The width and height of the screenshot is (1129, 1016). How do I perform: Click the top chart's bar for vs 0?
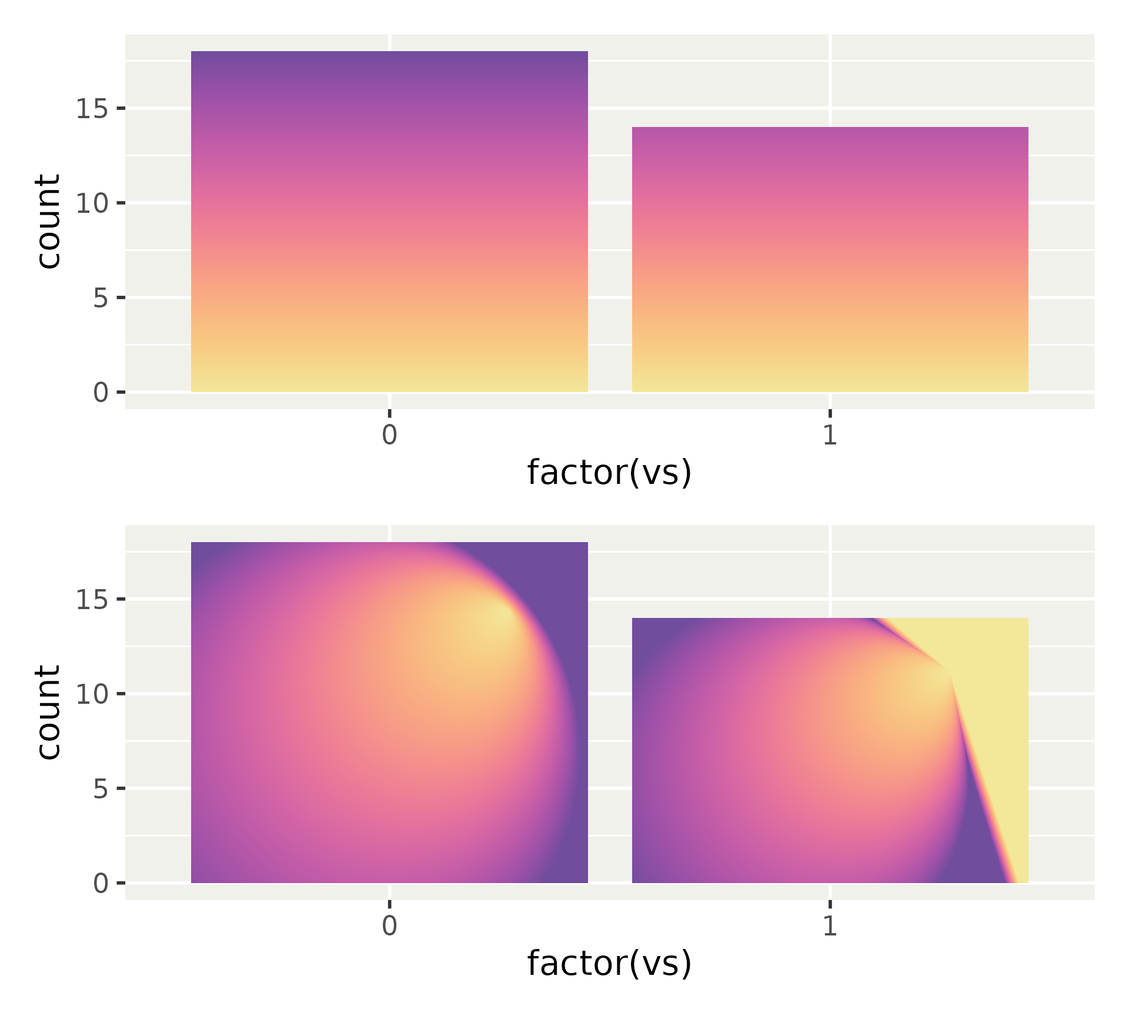389,222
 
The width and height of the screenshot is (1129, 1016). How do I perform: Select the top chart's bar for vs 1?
830,259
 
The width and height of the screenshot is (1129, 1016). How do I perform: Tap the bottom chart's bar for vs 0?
389,712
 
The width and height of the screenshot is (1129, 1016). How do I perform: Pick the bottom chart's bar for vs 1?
830,750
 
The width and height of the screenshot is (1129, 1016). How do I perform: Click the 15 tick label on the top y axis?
92,109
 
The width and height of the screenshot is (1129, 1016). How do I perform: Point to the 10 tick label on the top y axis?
92,203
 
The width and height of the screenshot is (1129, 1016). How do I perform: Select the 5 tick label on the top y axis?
101,298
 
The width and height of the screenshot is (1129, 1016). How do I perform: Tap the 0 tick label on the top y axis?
101,392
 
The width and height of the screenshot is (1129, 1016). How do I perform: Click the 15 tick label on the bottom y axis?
92,600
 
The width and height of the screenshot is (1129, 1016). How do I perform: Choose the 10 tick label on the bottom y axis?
92,694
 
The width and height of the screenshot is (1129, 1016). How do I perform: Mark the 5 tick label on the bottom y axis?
101,788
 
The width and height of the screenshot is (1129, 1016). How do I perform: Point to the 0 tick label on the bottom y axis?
101,883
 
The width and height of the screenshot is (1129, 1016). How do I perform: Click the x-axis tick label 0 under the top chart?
389,435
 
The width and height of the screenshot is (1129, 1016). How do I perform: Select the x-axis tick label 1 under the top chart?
830,435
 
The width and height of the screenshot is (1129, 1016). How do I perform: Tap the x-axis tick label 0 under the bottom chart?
389,926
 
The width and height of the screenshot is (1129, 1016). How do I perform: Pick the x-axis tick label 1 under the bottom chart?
830,926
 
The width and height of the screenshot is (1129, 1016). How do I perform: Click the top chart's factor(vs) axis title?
609,473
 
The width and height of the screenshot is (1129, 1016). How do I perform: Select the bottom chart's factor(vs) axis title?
609,963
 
